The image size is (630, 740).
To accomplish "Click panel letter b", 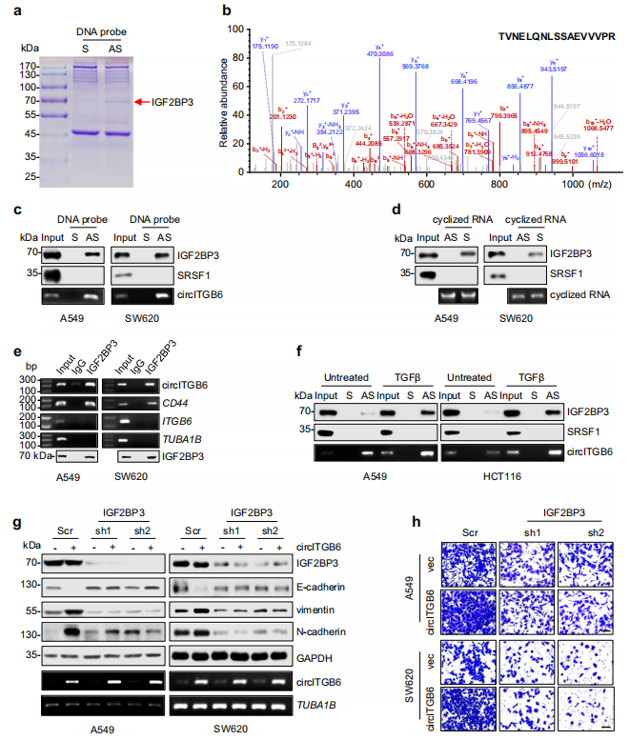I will [226, 10].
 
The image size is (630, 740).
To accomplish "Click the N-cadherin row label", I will [314, 632].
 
